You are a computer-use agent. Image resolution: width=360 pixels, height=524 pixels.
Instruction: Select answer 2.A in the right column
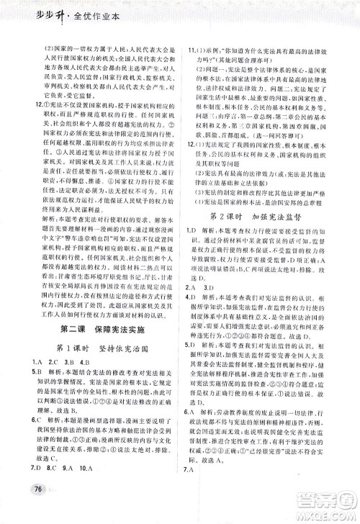(x=193, y=287)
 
